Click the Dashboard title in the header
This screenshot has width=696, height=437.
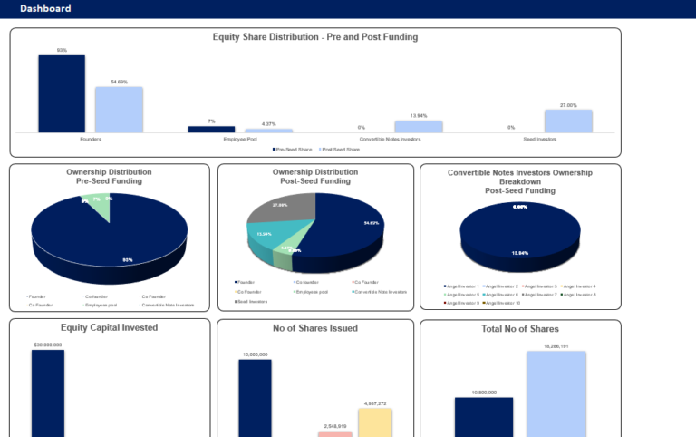[45, 8]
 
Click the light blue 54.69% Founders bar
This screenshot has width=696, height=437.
[119, 110]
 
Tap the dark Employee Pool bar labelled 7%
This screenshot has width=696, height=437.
[211, 130]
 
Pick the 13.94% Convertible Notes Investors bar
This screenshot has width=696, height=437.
[418, 127]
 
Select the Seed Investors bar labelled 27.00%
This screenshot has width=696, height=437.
[568, 121]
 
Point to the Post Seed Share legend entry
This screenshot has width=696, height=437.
[341, 150]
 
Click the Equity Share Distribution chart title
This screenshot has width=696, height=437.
[314, 37]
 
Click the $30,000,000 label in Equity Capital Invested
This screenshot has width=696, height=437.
[47, 345]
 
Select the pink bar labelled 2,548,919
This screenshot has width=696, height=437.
[334, 433]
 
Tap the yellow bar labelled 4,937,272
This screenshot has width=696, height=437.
[375, 422]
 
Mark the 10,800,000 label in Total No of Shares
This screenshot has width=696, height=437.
[483, 393]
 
